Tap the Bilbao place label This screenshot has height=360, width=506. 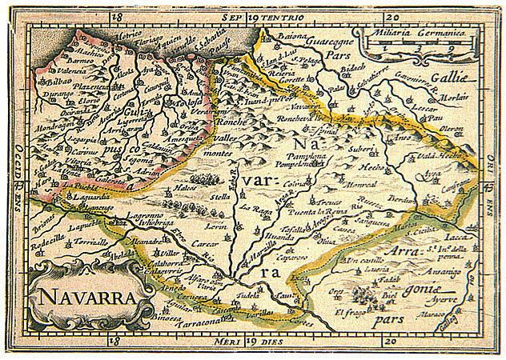coord(52,82)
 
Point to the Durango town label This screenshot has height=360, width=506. coord(57,94)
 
